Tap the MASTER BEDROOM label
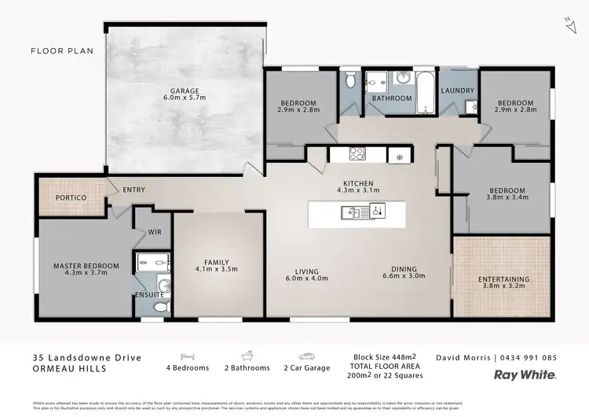pos(86,266)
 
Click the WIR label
pos(154,232)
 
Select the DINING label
pos(404,268)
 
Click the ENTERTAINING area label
pos(503,279)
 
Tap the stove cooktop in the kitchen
pos(357,154)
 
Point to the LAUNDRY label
pos(457,90)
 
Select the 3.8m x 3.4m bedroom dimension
pos(507,198)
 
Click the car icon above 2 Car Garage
pos(305,356)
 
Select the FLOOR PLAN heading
pos(62,51)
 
